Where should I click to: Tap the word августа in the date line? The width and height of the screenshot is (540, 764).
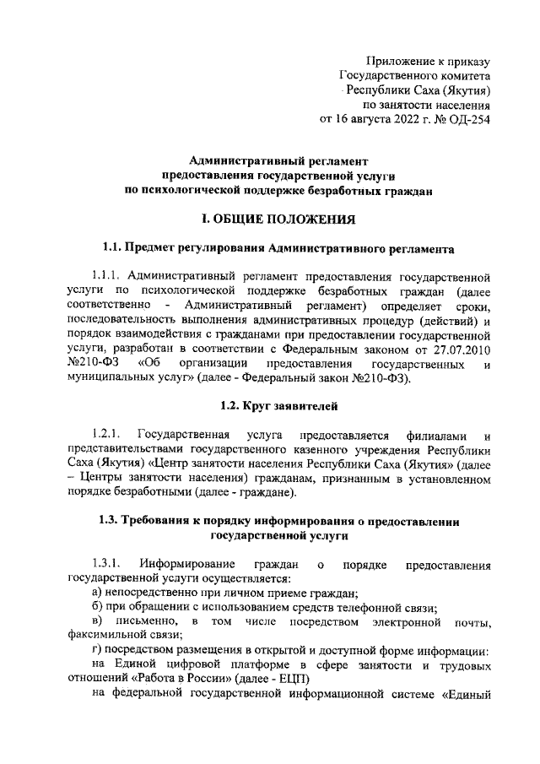click(376, 119)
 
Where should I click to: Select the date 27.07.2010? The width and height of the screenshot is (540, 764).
click(461, 350)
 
